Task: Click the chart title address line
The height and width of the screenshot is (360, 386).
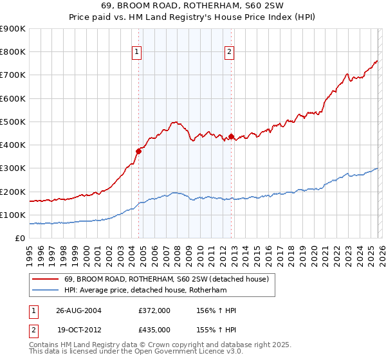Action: coord(192,6)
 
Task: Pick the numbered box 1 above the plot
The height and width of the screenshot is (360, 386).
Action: coord(137,53)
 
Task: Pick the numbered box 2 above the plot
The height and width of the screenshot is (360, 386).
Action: coord(230,53)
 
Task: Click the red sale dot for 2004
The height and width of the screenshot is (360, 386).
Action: coord(138,151)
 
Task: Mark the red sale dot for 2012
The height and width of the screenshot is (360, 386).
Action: coord(231,136)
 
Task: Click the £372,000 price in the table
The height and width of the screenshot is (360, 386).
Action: coord(154,310)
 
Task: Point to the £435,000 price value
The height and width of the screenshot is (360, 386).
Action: coord(154,329)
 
